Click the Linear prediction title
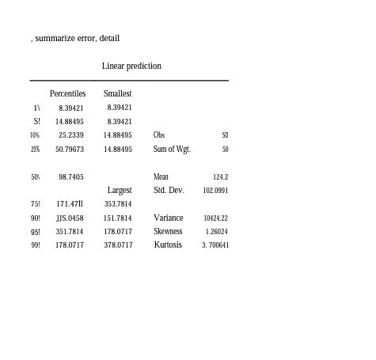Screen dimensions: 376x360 131,66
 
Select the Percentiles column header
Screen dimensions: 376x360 67,93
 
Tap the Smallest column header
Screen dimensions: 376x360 117,93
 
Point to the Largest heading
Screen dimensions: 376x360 120,190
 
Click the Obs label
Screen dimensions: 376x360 159,135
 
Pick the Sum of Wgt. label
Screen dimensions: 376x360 172,149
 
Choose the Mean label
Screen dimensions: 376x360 161,176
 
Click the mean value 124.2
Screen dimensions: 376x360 220,176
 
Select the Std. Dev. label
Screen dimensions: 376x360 169,190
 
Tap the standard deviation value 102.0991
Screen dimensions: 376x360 215,190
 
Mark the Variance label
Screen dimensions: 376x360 168,218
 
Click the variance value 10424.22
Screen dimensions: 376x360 215,218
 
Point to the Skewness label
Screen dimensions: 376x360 168,231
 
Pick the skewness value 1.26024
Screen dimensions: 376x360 216,231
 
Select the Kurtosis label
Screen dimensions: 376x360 168,244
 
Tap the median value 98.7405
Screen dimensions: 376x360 70,176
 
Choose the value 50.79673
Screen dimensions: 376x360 69,149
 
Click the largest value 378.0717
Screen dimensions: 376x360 118,245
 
